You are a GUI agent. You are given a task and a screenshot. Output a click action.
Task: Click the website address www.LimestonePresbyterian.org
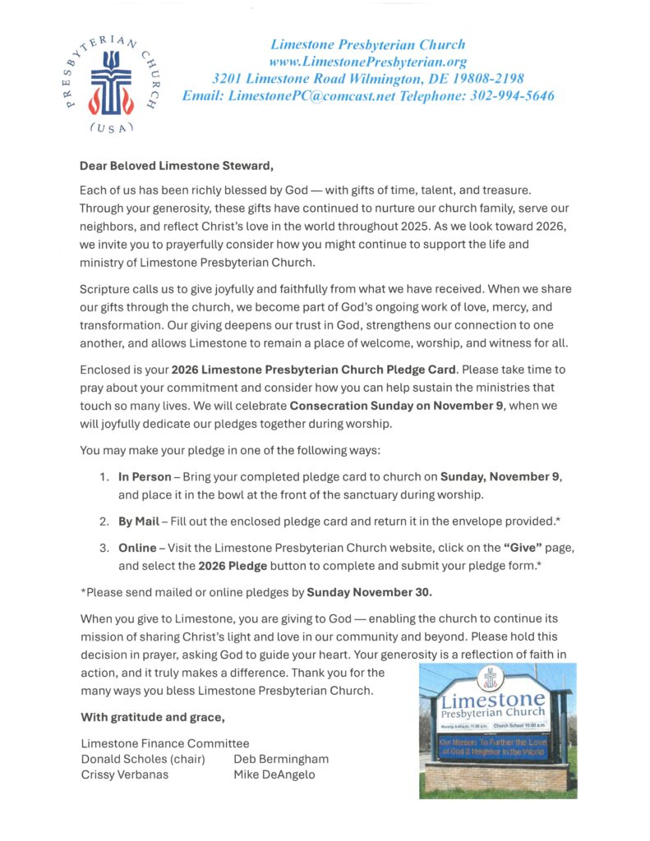[x=367, y=62]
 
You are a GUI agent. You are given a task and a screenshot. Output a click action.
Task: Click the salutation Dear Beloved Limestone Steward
[x=177, y=165]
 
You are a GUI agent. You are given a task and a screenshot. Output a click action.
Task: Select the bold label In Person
[x=145, y=476]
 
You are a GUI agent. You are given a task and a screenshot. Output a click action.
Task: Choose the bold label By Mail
[x=139, y=522]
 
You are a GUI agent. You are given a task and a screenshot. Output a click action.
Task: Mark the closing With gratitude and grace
[x=152, y=717]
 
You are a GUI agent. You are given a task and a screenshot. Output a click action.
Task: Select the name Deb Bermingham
[x=281, y=759]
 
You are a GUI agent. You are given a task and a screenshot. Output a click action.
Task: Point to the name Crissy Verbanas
[x=124, y=774]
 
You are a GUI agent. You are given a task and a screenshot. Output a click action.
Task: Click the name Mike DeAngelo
[x=275, y=774]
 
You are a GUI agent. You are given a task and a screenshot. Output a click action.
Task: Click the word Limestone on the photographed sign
[x=492, y=701]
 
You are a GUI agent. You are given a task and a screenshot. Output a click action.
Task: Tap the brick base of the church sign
[x=496, y=776]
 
